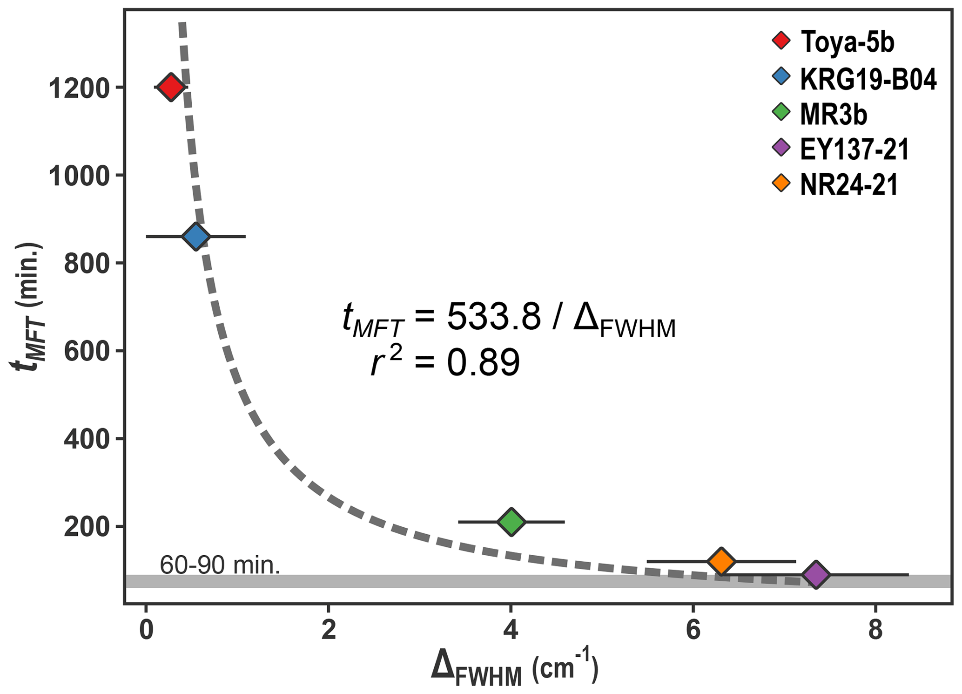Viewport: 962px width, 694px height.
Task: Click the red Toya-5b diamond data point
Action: pyautogui.click(x=170, y=87)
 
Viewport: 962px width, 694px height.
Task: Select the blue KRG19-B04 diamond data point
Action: pyautogui.click(x=196, y=237)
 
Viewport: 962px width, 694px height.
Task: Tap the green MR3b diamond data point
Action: pyautogui.click(x=511, y=522)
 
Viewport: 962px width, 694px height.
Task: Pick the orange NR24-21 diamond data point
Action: pyautogui.click(x=721, y=562)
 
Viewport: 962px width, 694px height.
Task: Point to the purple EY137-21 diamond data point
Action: pyautogui.click(x=816, y=575)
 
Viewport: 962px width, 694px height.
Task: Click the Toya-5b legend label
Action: pyautogui.click(x=847, y=42)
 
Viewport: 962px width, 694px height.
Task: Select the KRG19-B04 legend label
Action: pyautogui.click(x=868, y=79)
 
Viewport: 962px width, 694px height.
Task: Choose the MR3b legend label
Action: pyautogui.click(x=834, y=115)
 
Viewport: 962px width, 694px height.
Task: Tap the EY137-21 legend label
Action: pyautogui.click(x=854, y=150)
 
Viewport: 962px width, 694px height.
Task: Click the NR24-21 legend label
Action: pyautogui.click(x=848, y=185)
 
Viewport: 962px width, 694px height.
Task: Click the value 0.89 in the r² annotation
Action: pyautogui.click(x=483, y=363)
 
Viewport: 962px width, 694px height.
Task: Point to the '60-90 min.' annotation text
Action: pyautogui.click(x=220, y=565)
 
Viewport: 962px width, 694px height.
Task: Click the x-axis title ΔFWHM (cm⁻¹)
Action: pyautogui.click(x=514, y=669)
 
